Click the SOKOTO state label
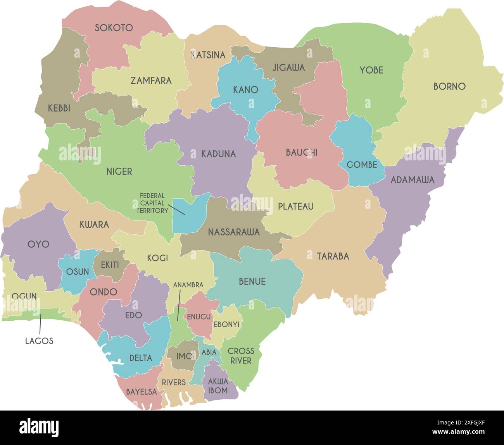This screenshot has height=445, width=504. click(x=114, y=27)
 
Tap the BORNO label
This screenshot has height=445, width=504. click(x=449, y=86)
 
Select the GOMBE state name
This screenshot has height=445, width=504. click(x=362, y=165)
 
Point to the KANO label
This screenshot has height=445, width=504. click(x=245, y=90)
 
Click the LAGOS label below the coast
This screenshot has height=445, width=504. click(x=39, y=341)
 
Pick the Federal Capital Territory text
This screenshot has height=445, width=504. click(x=152, y=203)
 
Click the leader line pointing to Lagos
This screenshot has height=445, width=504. click(x=40, y=324)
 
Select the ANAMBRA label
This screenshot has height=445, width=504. click(x=188, y=285)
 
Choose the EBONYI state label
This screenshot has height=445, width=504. click(x=226, y=324)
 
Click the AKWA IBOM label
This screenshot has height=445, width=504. click(x=218, y=386)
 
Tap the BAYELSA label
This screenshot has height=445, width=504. click(x=141, y=392)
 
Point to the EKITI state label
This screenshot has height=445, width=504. click(x=110, y=265)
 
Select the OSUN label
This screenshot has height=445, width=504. click(x=78, y=271)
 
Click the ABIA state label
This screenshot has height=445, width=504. click(x=209, y=352)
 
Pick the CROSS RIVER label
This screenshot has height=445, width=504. click(x=241, y=356)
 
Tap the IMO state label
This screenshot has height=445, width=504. click(x=184, y=356)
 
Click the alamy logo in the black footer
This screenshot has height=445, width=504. click(x=39, y=428)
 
